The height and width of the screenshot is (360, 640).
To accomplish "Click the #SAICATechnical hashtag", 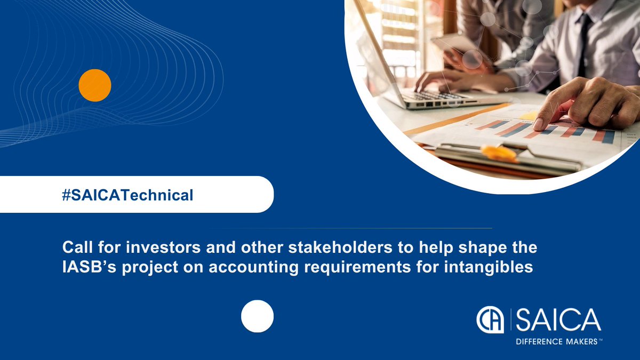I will tap(127, 195).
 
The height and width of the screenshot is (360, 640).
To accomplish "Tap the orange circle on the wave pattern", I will tap(95, 85).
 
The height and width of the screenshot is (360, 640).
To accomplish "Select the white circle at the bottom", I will tap(257, 316).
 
